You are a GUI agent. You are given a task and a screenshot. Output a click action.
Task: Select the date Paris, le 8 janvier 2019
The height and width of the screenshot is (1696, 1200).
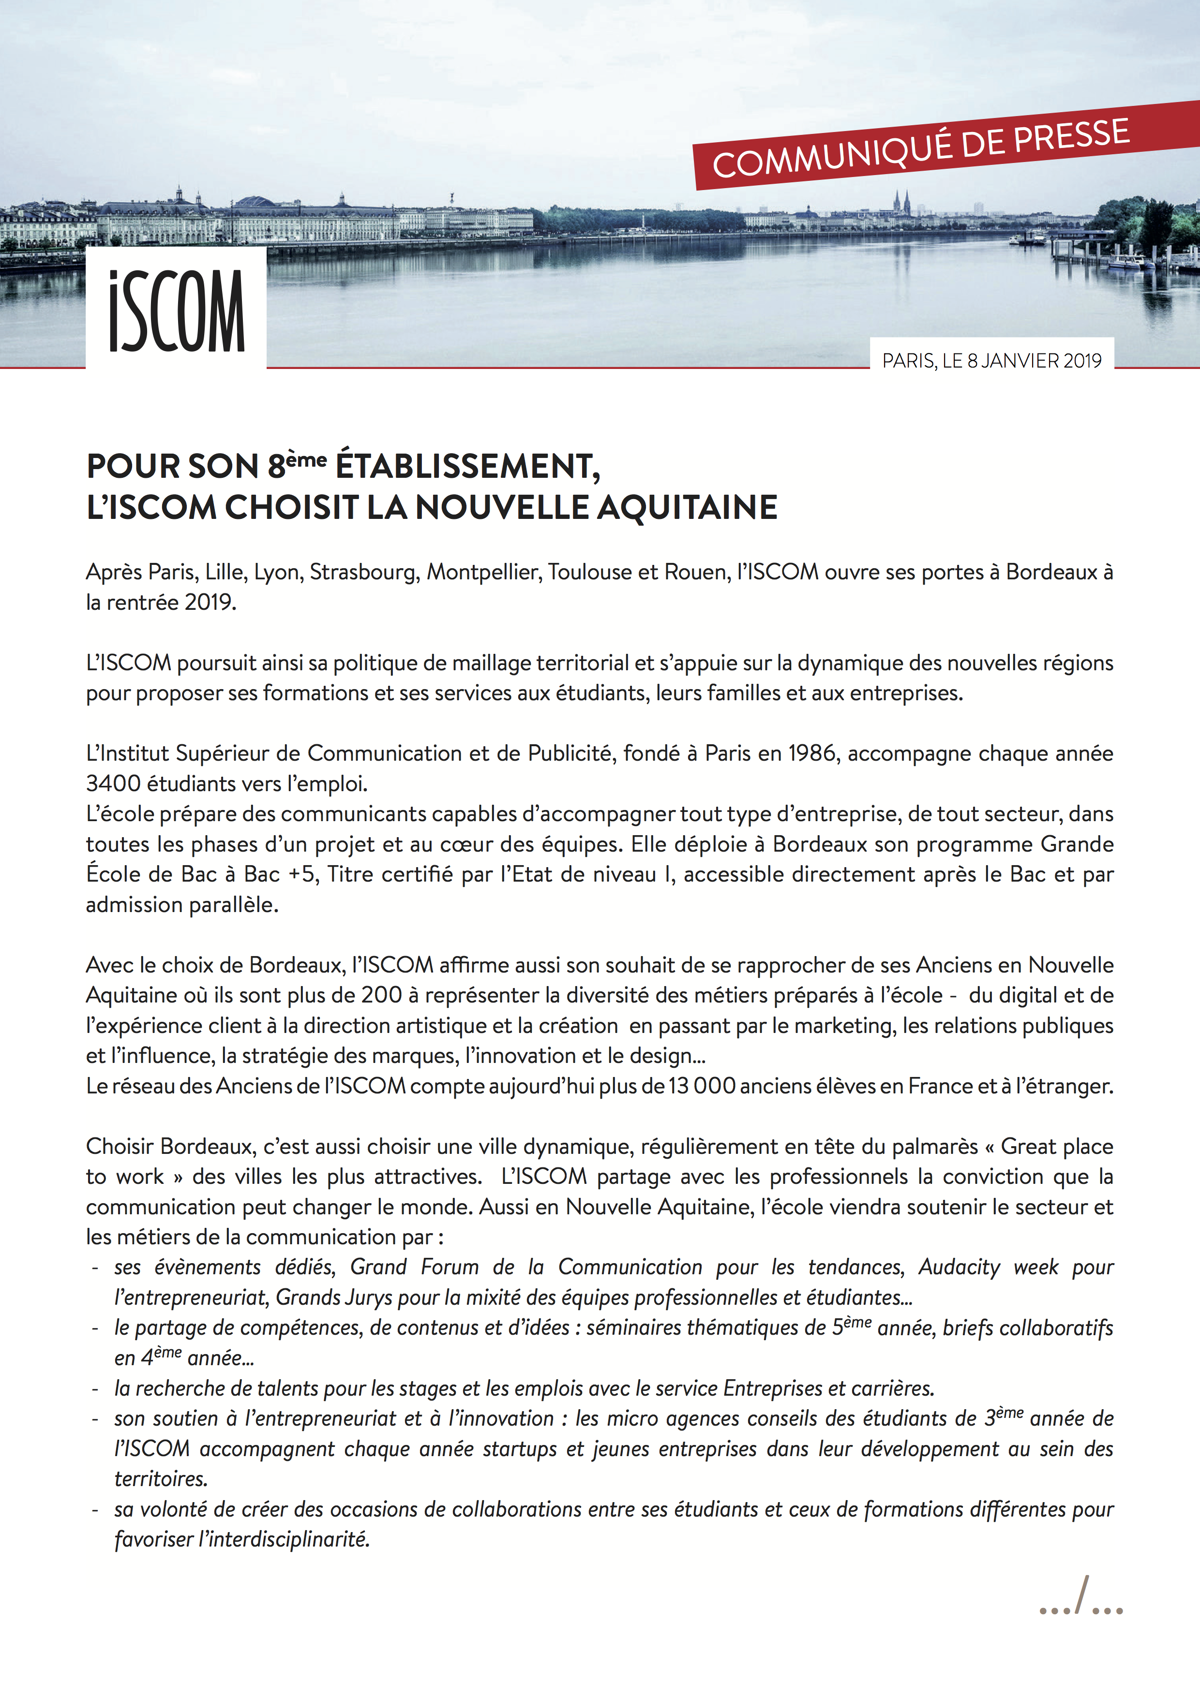tap(991, 360)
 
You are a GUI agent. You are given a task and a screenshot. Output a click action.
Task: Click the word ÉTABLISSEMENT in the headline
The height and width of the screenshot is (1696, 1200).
tap(467, 466)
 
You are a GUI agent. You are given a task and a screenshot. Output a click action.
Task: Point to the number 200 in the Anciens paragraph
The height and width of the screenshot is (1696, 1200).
tap(381, 995)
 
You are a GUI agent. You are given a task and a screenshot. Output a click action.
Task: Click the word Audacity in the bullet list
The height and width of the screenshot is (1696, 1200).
tap(959, 1267)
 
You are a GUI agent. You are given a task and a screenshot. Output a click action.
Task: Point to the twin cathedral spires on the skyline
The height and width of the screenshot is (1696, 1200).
tap(901, 201)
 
